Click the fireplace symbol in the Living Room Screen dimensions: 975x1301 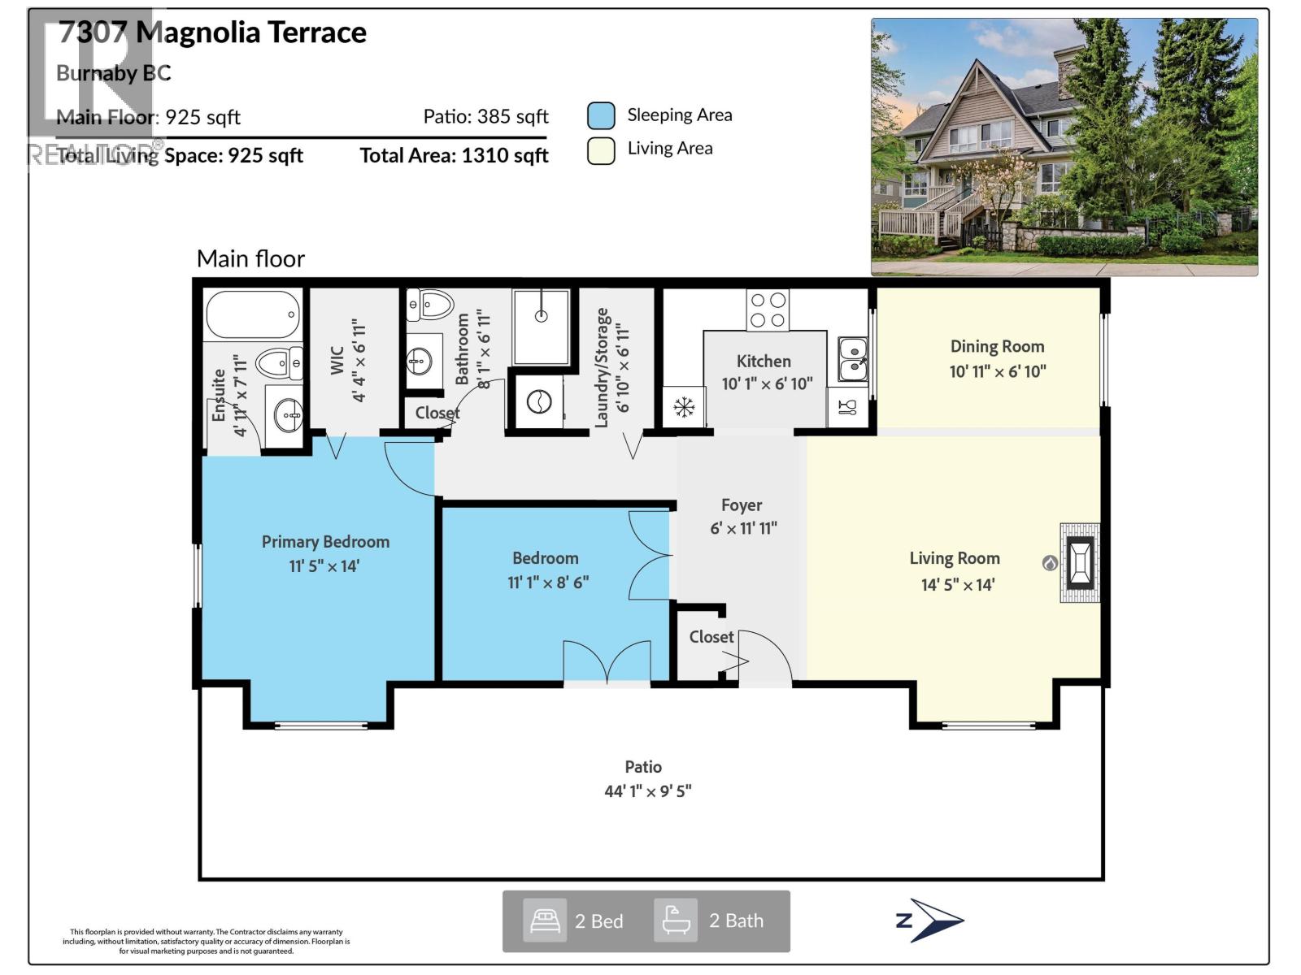pyautogui.click(x=1080, y=562)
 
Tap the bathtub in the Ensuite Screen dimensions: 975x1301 pyautogui.click(x=253, y=314)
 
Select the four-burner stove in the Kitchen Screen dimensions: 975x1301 pyautogui.click(x=768, y=310)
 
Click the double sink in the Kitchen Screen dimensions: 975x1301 pyautogui.click(x=852, y=359)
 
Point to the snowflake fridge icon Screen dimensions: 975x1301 pyautogui.click(x=684, y=406)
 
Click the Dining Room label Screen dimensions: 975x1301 pyautogui.click(x=997, y=346)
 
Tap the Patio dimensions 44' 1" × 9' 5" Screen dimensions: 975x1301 pyautogui.click(x=647, y=791)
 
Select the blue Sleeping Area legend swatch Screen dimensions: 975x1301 pyautogui.click(x=601, y=116)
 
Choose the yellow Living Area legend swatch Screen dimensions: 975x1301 pyautogui.click(x=601, y=151)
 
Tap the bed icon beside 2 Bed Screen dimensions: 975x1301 pyautogui.click(x=544, y=921)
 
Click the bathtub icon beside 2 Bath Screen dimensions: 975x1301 pyautogui.click(x=676, y=921)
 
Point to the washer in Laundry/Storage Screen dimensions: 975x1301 pyautogui.click(x=539, y=401)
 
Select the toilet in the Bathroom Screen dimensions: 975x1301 pyautogui.click(x=430, y=305)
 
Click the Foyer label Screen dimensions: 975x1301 pyautogui.click(x=741, y=505)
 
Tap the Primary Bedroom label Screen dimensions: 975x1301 pyautogui.click(x=325, y=542)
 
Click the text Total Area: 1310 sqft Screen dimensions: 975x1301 pyautogui.click(x=454, y=155)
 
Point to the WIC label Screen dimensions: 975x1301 pyautogui.click(x=337, y=361)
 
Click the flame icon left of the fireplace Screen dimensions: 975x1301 pyautogui.click(x=1050, y=562)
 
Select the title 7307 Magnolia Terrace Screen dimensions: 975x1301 pyautogui.click(x=212, y=32)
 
